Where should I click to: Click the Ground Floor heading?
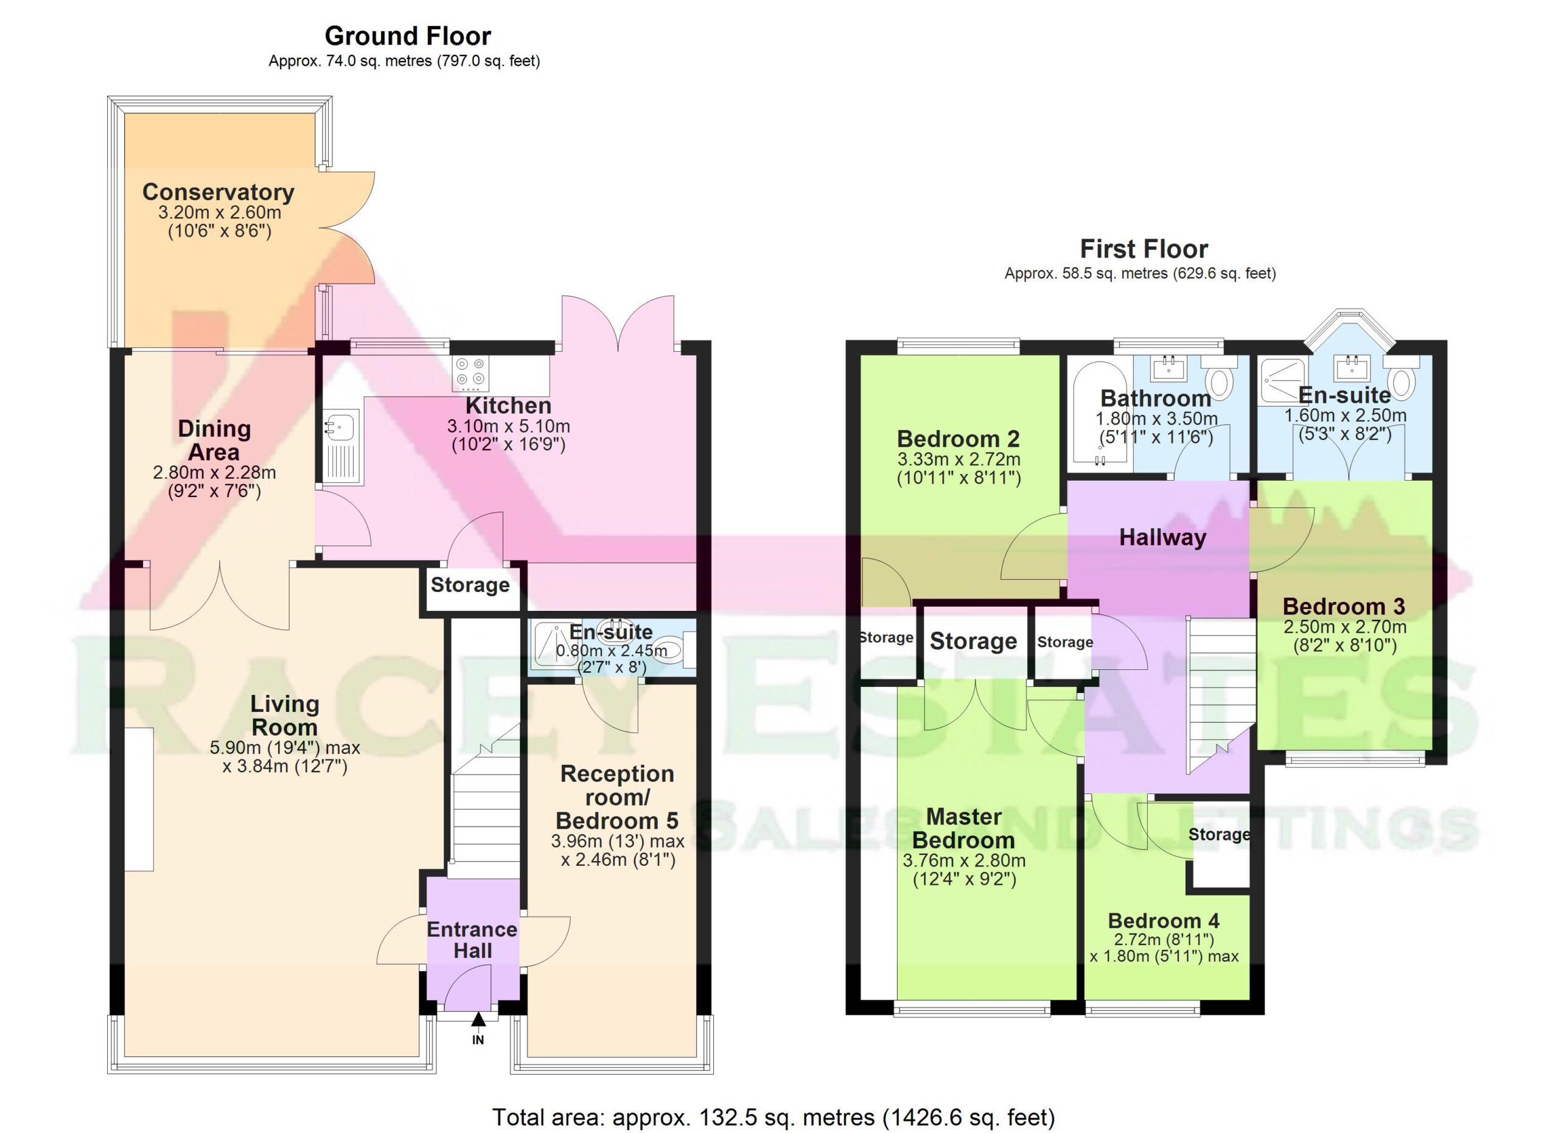tap(407, 36)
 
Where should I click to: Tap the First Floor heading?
tap(1144, 249)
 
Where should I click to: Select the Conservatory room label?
tap(218, 192)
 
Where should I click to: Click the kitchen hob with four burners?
tap(471, 374)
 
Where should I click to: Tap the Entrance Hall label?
tap(473, 940)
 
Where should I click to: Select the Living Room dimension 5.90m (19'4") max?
tap(285, 748)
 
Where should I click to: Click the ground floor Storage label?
tap(470, 585)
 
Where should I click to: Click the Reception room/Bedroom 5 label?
tap(617, 797)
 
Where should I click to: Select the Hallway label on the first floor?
tap(1162, 538)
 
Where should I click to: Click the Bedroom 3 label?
tap(1344, 607)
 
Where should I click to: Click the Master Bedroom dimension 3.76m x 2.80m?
tap(964, 861)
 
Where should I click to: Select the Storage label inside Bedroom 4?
tap(1220, 835)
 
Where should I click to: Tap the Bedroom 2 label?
tap(959, 439)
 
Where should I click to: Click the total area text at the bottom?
tap(774, 1118)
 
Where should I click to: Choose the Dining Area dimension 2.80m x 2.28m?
tap(214, 473)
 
